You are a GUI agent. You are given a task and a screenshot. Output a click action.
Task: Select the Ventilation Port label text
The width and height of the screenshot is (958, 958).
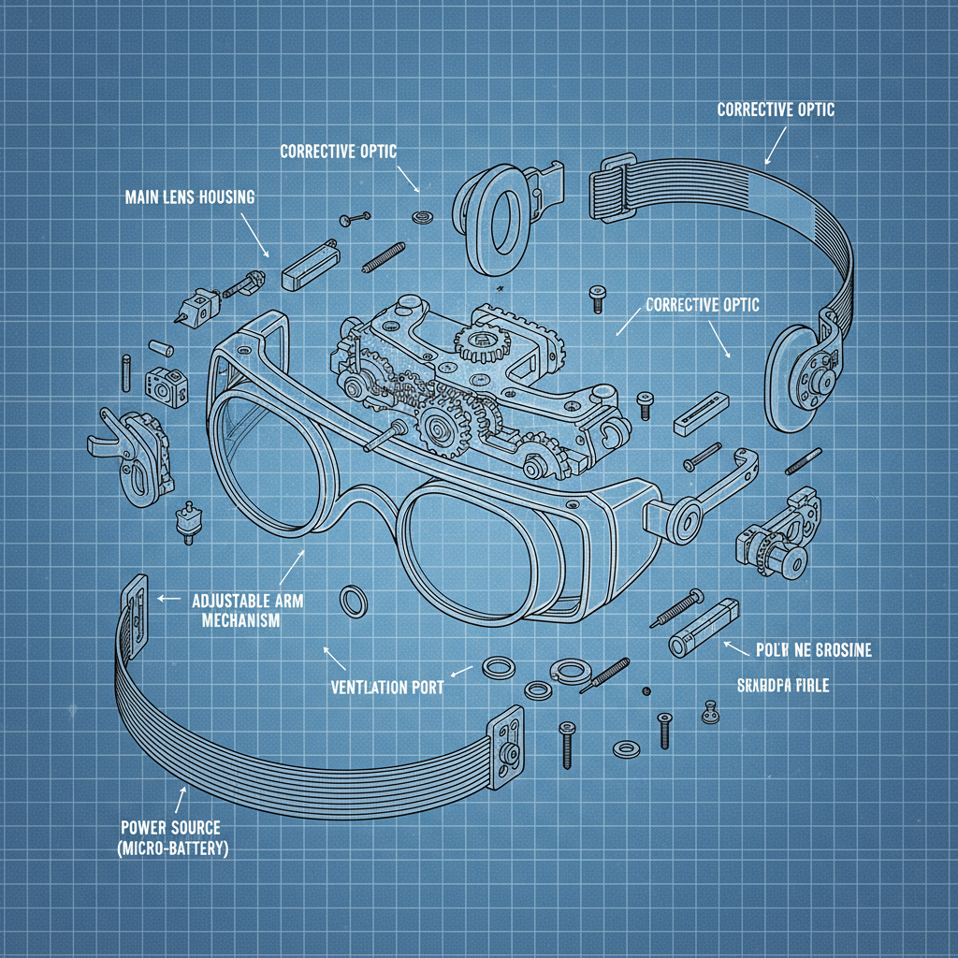click(387, 687)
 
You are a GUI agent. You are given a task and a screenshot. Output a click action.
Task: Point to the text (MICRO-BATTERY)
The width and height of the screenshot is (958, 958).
click(175, 849)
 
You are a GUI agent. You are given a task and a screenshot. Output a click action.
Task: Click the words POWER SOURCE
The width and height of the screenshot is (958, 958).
click(170, 828)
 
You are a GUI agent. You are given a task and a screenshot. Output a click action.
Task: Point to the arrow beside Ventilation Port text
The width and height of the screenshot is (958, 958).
click(459, 671)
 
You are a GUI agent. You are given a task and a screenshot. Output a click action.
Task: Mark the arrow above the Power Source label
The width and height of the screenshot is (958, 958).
click(181, 800)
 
